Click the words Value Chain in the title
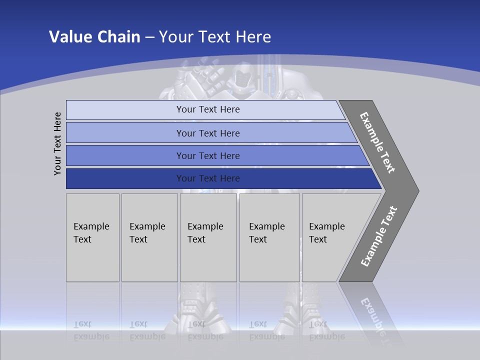coord(94,36)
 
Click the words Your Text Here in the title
coord(215,36)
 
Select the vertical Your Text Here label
coord(57,143)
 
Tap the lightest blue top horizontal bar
coord(207,109)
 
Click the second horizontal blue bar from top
coord(207,133)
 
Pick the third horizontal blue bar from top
coord(207,155)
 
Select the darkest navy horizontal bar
coord(207,178)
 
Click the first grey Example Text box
coord(92,237)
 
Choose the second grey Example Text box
coord(149,237)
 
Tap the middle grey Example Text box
coord(208,237)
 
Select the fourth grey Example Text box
coord(269,237)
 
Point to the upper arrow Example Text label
coord(378,142)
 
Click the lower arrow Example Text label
coord(379,236)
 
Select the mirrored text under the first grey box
coord(91,330)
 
